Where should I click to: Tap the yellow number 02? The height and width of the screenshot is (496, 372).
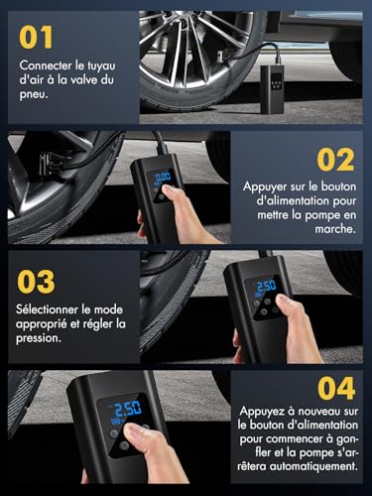coord(334,159)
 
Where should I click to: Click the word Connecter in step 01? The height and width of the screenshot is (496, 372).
coord(45,67)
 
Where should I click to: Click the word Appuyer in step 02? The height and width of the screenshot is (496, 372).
coord(265,186)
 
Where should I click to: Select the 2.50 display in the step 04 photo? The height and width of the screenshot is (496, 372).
coord(125,410)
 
